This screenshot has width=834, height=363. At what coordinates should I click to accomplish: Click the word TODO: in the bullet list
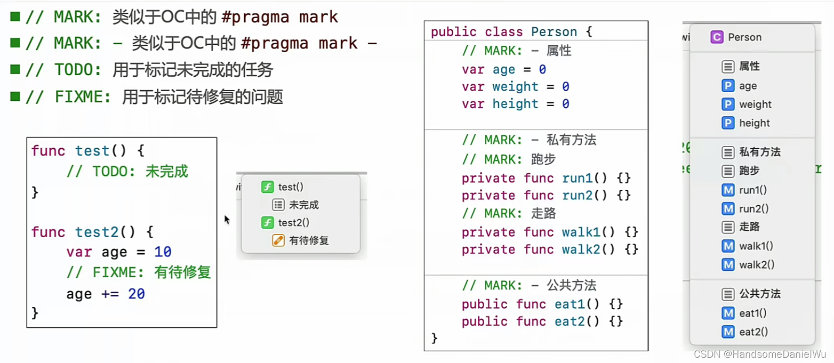pyautogui.click(x=78, y=70)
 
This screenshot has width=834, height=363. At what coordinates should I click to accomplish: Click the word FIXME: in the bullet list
pyautogui.click(x=83, y=97)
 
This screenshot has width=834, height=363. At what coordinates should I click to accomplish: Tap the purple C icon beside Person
pyautogui.click(x=717, y=37)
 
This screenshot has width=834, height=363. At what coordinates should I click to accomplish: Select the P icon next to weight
pyautogui.click(x=728, y=104)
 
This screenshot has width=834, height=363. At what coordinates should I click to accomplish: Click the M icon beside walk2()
pyautogui.click(x=728, y=265)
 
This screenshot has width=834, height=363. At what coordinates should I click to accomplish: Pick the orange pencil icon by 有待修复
pyautogui.click(x=278, y=240)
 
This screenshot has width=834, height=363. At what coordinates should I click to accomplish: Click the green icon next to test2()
pyautogui.click(x=267, y=223)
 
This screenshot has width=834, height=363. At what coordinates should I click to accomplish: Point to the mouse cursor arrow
pyautogui.click(x=227, y=220)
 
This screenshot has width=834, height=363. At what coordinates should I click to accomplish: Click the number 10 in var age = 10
pyautogui.click(x=163, y=252)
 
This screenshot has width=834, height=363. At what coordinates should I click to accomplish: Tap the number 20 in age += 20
pyautogui.click(x=137, y=294)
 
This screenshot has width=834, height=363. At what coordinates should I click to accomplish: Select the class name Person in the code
pyautogui.click(x=554, y=32)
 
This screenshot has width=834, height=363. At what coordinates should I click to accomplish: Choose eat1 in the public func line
pyautogui.click(x=570, y=304)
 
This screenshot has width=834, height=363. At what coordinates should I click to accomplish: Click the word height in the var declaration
pyautogui.click(x=515, y=104)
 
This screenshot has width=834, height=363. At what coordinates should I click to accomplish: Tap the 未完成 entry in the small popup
pyautogui.click(x=304, y=205)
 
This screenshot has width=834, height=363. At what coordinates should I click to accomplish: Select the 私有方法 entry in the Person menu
pyautogui.click(x=759, y=152)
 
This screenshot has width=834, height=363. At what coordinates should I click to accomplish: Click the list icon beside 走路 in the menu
pyautogui.click(x=728, y=227)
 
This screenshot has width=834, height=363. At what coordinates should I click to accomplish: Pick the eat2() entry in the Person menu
pyautogui.click(x=753, y=332)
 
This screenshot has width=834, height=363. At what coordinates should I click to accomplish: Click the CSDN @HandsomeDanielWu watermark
pyautogui.click(x=760, y=354)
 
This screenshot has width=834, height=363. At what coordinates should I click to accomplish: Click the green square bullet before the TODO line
pyautogui.click(x=15, y=69)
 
